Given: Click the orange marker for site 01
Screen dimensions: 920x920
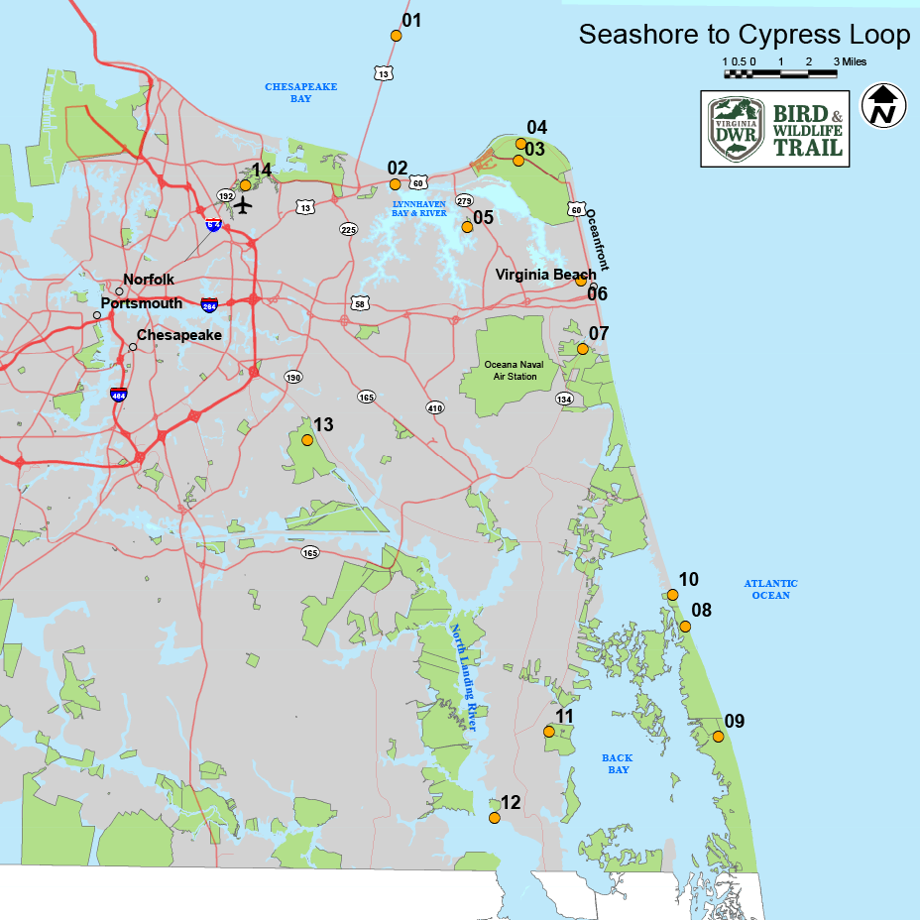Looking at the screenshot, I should point(396,36).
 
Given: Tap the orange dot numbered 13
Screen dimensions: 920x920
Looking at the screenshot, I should point(307,439).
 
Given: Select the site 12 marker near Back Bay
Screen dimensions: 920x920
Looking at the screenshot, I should point(495,818).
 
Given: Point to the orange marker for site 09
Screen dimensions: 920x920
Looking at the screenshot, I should point(719,736).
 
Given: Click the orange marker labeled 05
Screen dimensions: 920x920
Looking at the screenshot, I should point(467,227).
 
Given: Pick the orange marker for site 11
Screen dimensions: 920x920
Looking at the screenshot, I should point(548,732).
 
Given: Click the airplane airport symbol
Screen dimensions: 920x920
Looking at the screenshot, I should point(244,204).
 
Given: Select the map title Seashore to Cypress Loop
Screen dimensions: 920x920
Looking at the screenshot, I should point(744,35).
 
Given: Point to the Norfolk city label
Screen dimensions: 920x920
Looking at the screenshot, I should point(149,281).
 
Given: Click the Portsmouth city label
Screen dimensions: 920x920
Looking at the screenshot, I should point(142,303).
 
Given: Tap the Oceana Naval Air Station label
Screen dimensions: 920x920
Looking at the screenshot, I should point(514,370).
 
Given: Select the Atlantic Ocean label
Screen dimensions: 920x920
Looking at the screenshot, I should point(770,589).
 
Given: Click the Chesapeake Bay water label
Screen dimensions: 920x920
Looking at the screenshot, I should point(287,93).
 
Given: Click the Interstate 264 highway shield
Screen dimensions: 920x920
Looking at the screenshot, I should point(209,303).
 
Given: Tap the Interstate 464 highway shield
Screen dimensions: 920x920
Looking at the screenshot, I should point(119,394).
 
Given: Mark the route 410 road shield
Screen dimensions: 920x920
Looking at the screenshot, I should point(434,407).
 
